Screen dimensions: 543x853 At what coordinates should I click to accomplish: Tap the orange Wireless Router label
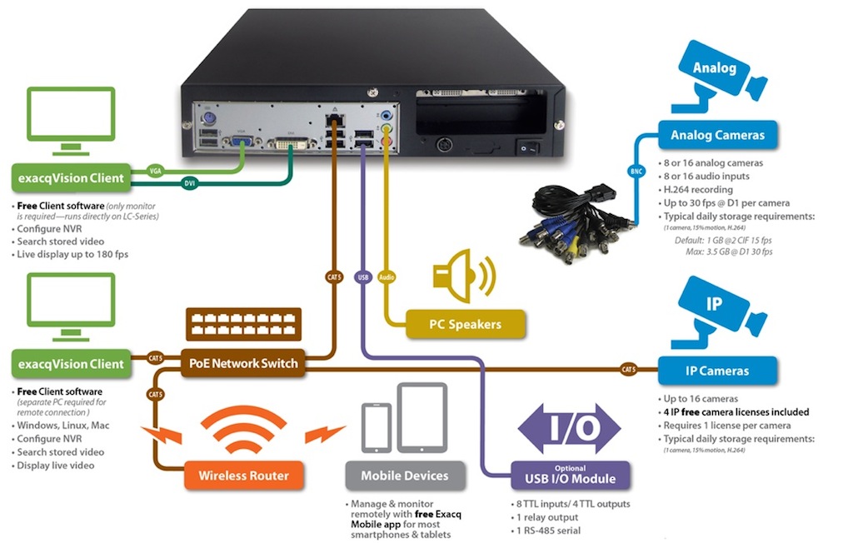243,476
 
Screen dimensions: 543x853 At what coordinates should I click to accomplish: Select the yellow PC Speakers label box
466,324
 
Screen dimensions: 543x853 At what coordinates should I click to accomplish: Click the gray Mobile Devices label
404,476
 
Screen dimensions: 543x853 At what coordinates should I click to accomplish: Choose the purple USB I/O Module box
570,475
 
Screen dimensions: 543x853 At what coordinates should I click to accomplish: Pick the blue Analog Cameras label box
717,134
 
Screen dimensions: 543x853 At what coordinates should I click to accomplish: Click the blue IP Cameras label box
717,371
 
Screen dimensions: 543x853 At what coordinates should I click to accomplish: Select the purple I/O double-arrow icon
570,428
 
